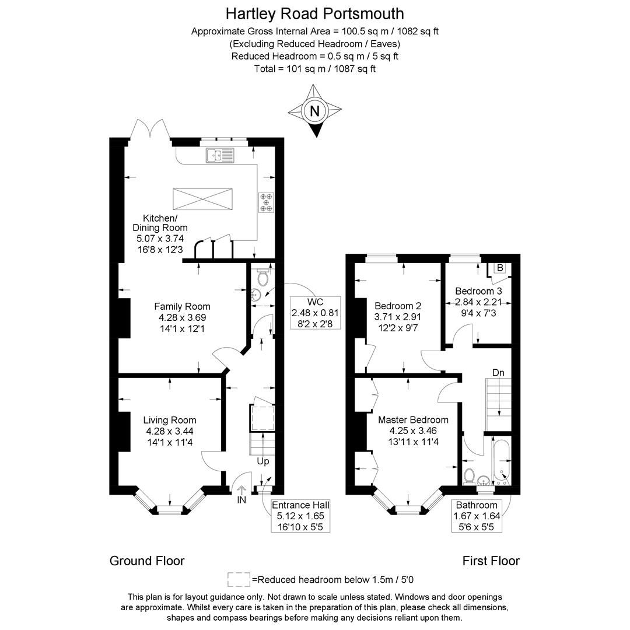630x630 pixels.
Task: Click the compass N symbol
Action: point(315,110)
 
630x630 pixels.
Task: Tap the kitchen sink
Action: point(220,156)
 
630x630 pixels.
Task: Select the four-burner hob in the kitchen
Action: point(266,202)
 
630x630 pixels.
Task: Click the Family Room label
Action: point(183,307)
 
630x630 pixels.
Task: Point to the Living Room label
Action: point(170,420)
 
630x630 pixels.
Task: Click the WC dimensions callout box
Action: point(316,313)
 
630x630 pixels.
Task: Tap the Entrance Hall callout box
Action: point(300,516)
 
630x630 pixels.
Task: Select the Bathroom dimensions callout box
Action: point(477,516)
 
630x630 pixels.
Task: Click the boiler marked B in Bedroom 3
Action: point(500,268)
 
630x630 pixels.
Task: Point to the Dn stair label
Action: point(498,373)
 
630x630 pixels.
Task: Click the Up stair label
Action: point(263,461)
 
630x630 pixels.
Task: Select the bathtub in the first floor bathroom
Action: point(502,462)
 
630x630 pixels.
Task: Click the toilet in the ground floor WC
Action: point(262,277)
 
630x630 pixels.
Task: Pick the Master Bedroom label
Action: point(414,420)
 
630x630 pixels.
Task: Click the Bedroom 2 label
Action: point(398,306)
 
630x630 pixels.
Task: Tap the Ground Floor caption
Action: point(147,561)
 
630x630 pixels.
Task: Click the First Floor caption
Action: point(491,561)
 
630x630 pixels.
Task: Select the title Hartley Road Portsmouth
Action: point(314,13)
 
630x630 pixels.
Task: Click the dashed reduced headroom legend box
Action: point(239,580)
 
